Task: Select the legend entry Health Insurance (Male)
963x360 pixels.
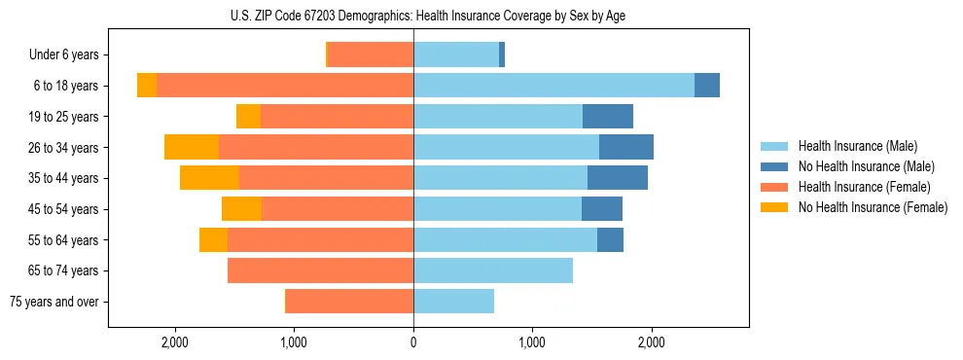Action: (x=857, y=146)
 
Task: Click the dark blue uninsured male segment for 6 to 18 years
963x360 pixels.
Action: (x=707, y=86)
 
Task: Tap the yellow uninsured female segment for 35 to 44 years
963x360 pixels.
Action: (x=209, y=178)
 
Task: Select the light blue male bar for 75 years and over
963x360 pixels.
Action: (x=453, y=302)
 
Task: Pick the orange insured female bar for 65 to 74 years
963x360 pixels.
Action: (x=320, y=270)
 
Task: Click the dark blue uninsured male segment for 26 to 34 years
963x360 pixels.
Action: (x=626, y=147)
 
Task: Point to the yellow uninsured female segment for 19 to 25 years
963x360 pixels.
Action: (x=248, y=117)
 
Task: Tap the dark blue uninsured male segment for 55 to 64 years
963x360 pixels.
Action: (x=610, y=239)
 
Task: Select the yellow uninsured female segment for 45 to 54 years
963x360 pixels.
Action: (x=241, y=209)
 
